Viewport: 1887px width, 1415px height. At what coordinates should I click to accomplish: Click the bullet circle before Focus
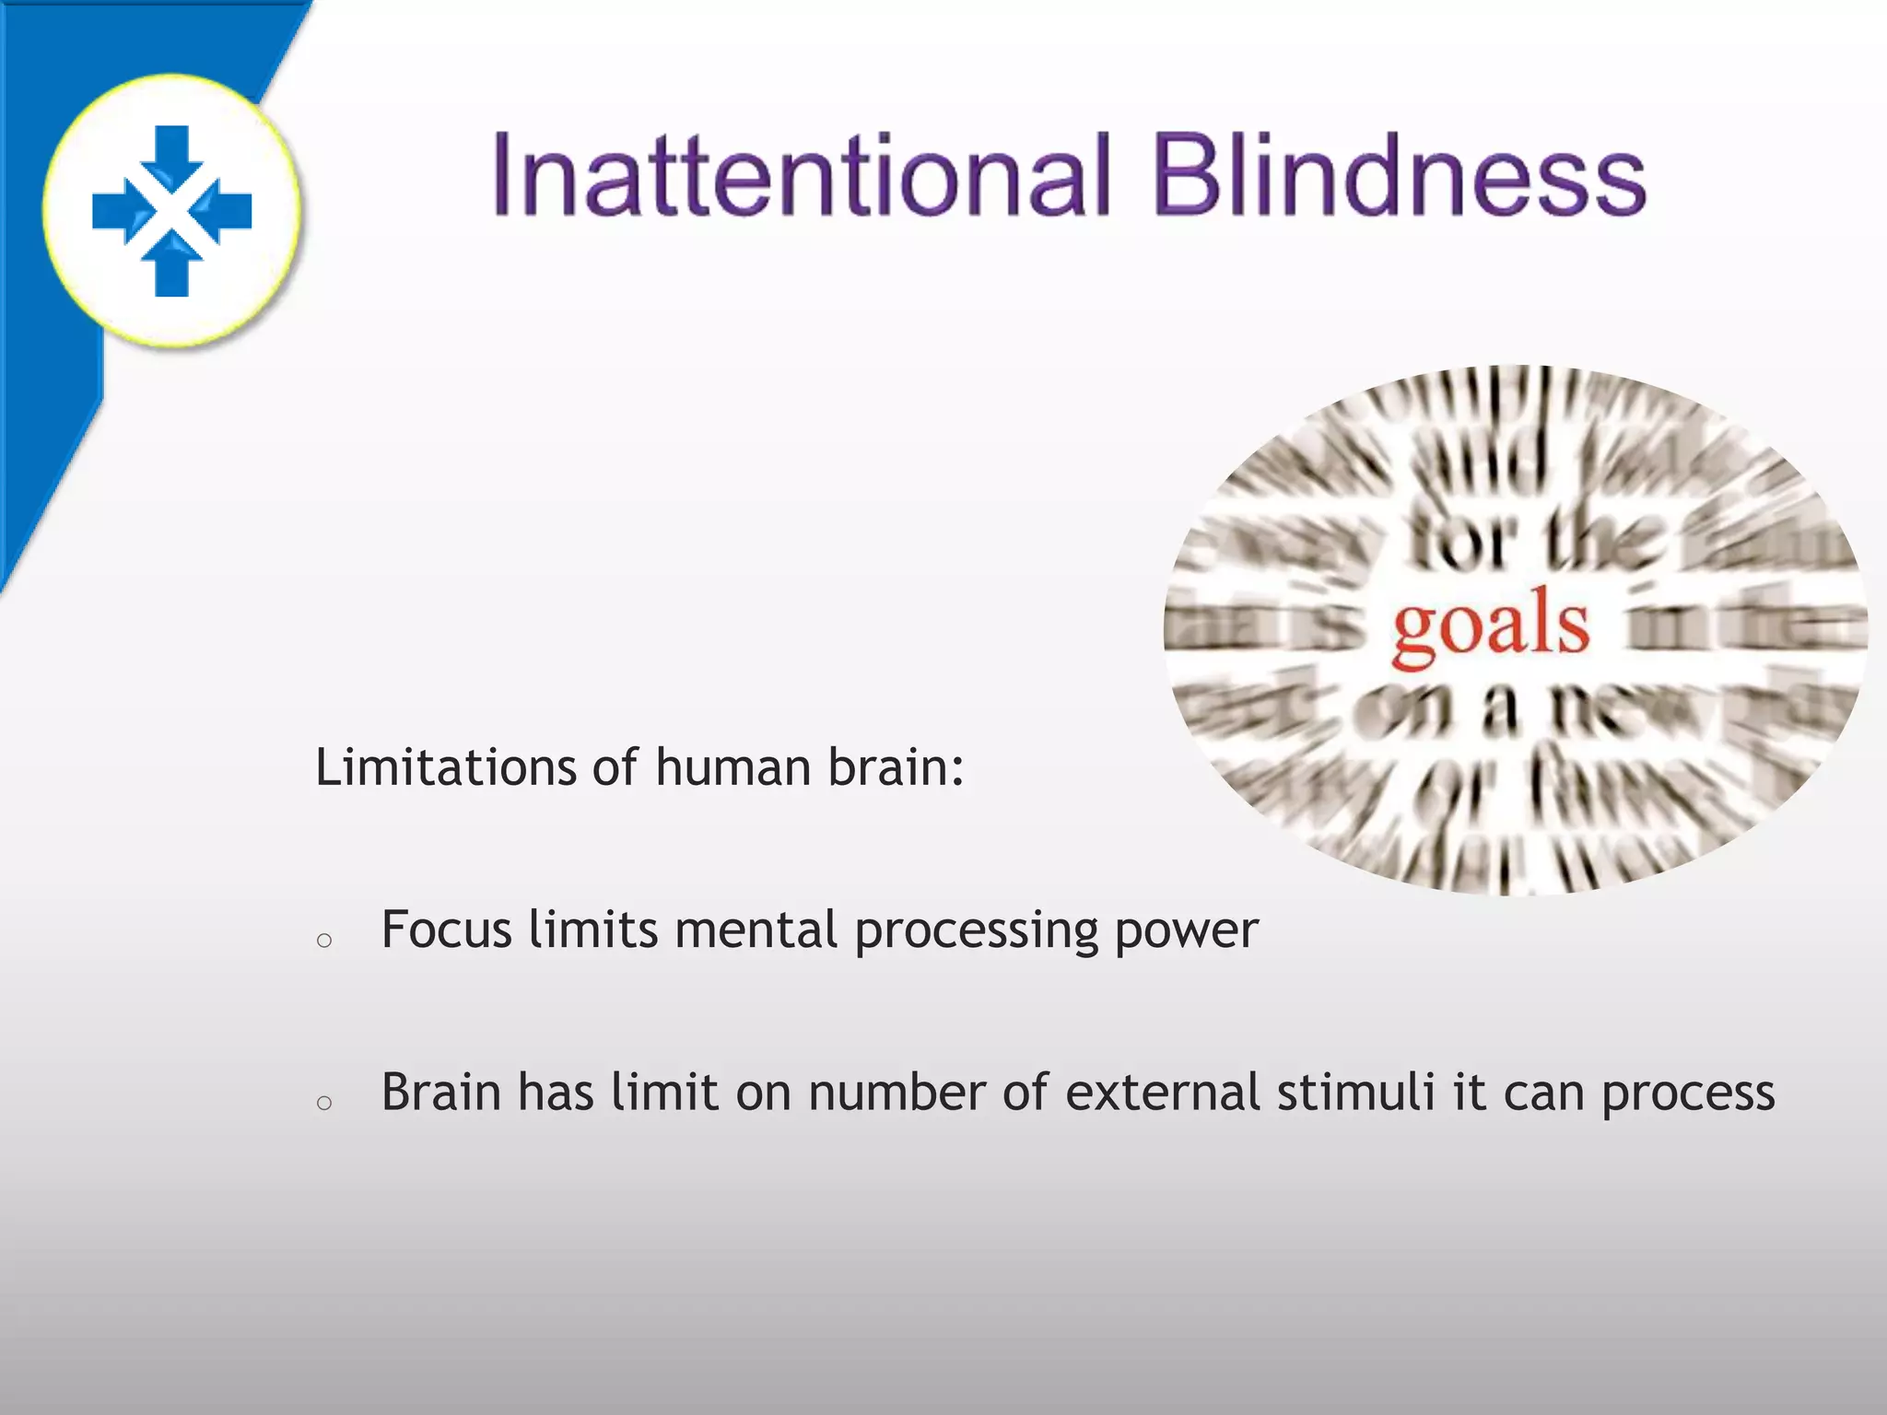[x=323, y=941]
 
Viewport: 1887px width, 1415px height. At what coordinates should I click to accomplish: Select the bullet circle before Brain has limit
[x=323, y=1103]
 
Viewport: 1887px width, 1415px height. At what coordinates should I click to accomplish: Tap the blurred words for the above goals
[x=1537, y=539]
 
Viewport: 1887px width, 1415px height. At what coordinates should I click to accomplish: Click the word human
[x=733, y=766]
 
